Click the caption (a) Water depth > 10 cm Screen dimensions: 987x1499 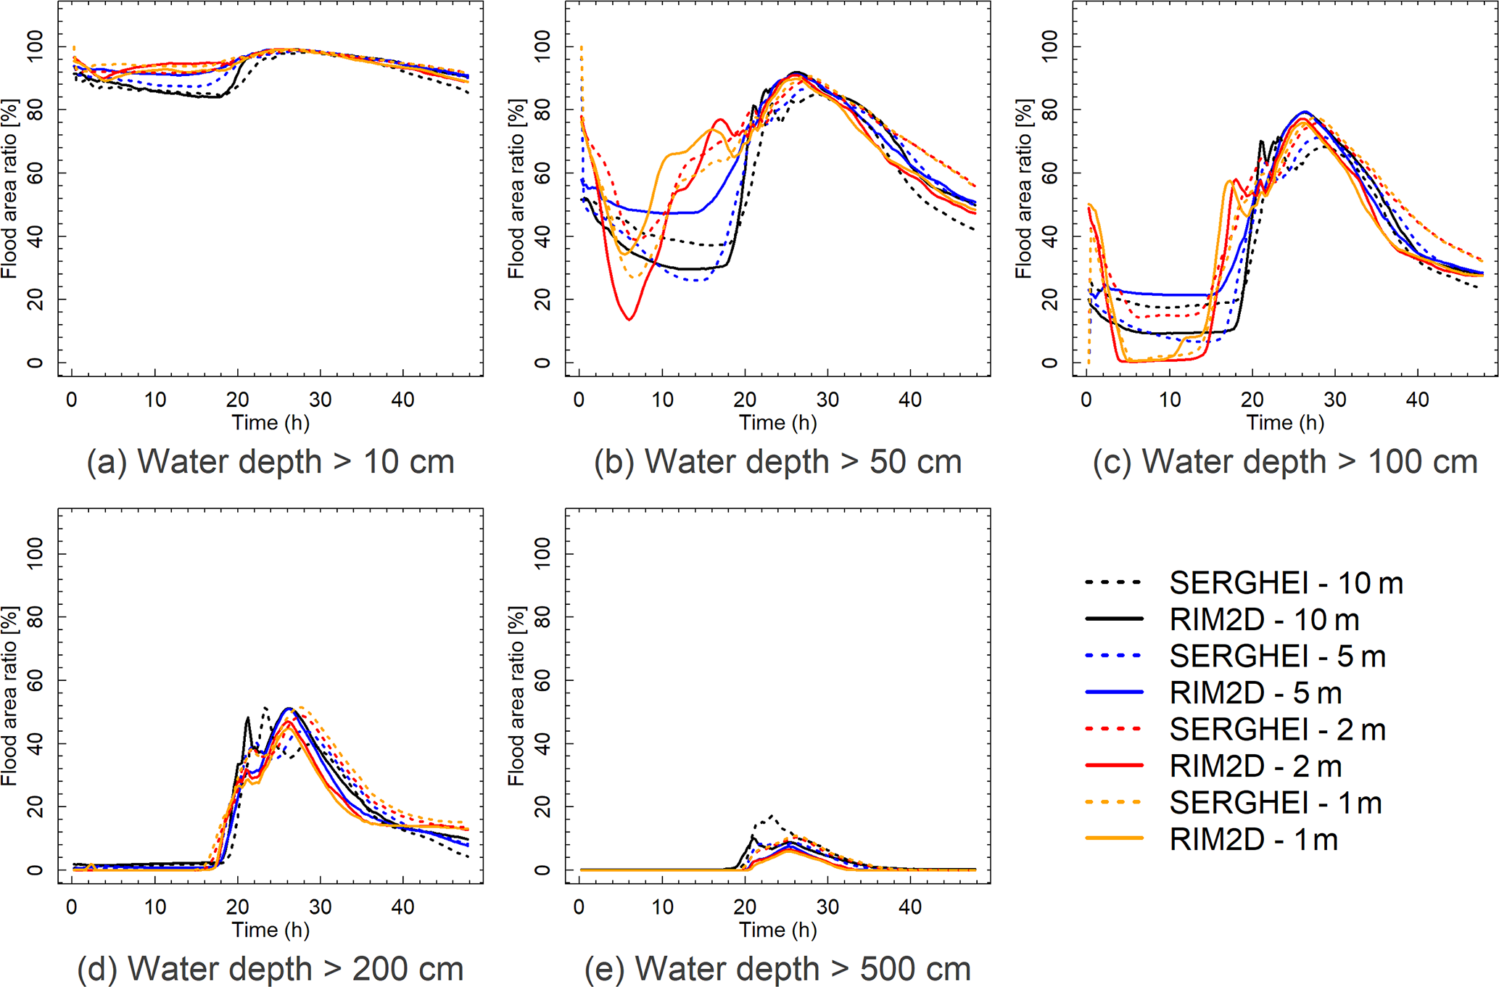(x=271, y=462)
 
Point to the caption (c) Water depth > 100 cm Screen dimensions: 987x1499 (x=1285, y=462)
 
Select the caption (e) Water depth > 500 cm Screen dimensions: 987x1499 (x=777, y=969)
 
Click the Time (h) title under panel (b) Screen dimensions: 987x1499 (x=777, y=423)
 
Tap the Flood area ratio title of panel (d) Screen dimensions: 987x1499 (x=9, y=696)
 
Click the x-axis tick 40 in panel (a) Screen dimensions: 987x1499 (x=402, y=400)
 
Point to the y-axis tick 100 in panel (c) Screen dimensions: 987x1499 (x=1049, y=47)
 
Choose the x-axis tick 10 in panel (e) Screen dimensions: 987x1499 (x=662, y=907)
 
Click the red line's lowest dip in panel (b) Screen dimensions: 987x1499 (x=629, y=319)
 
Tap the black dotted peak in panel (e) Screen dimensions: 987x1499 (x=771, y=816)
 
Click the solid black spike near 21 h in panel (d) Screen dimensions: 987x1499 (x=247, y=718)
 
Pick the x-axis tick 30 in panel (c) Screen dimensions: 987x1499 (x=1334, y=400)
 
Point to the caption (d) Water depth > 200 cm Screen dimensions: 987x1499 (x=271, y=969)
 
